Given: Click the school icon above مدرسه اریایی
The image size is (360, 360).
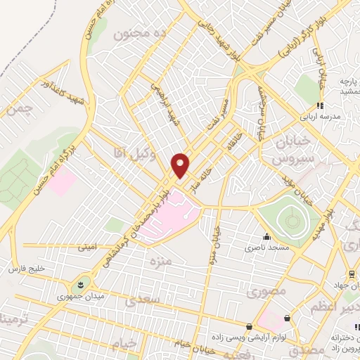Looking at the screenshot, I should [320, 106].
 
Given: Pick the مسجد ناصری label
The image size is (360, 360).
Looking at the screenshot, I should [264, 247].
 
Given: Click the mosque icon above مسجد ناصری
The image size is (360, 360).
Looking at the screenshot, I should [266, 236].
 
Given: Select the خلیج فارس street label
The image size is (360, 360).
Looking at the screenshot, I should [26, 269].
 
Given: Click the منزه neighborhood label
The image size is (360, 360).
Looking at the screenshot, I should [160, 262].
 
